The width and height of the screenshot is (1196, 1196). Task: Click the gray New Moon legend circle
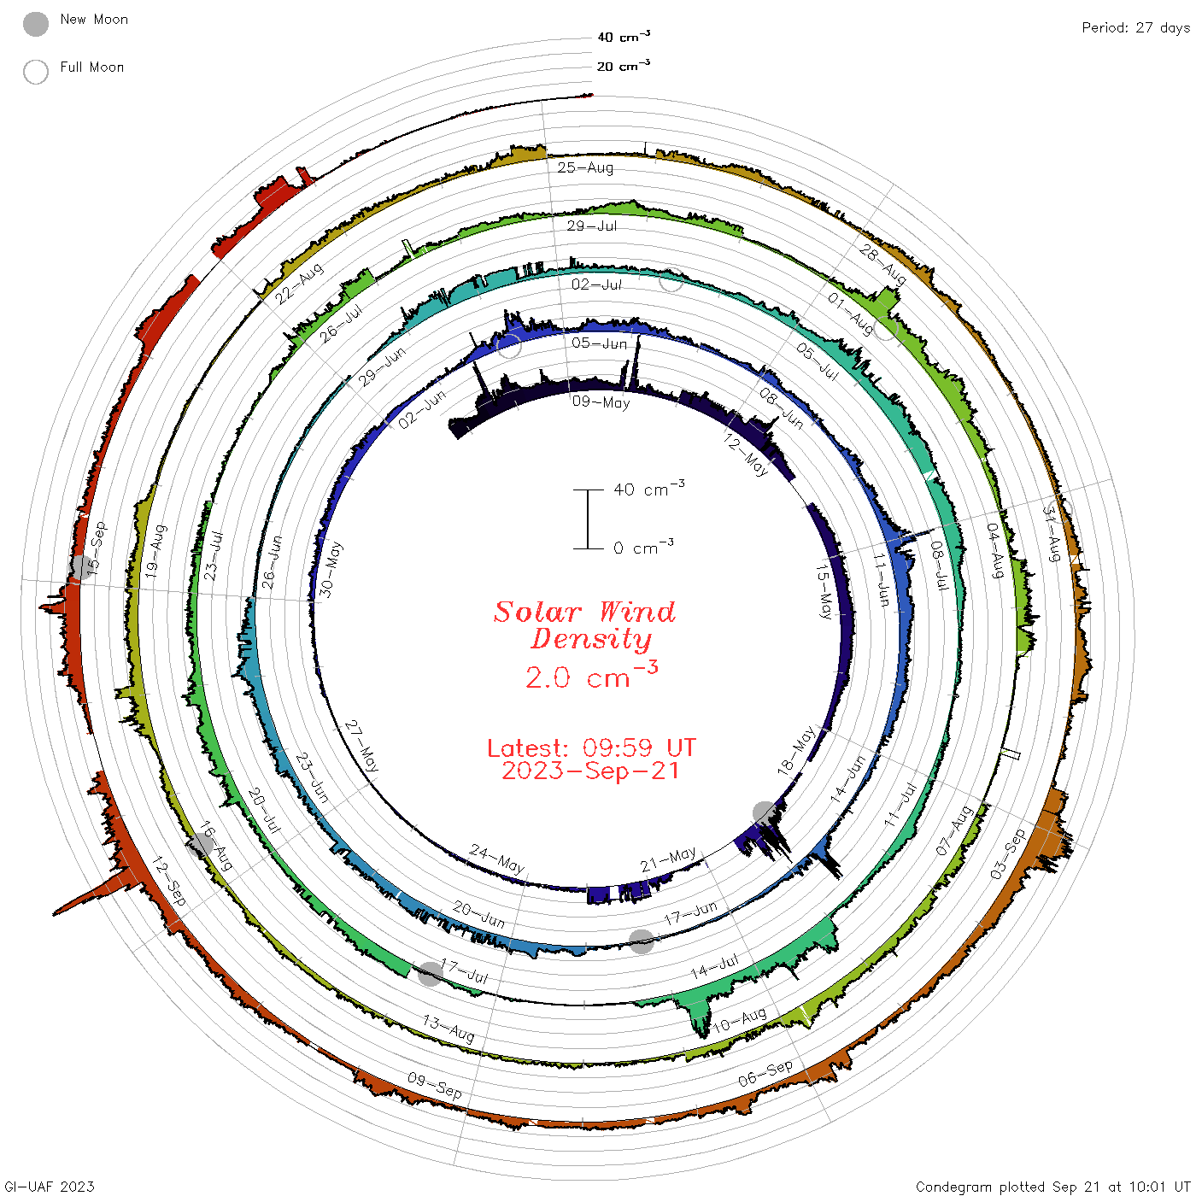tap(35, 24)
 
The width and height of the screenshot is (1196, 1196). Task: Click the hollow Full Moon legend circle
tap(35, 72)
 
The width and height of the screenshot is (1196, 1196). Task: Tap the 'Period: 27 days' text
tap(1136, 28)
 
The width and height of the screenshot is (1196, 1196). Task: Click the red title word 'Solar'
tap(537, 612)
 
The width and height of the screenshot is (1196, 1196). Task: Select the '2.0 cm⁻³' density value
tap(591, 675)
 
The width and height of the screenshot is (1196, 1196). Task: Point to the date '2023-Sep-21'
tap(590, 771)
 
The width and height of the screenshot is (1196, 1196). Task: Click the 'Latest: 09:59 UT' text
tap(591, 747)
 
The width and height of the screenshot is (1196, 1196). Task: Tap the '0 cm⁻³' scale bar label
tap(643, 547)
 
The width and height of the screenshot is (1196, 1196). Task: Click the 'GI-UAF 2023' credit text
tap(49, 1186)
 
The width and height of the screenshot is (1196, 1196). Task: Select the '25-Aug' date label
tap(584, 167)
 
